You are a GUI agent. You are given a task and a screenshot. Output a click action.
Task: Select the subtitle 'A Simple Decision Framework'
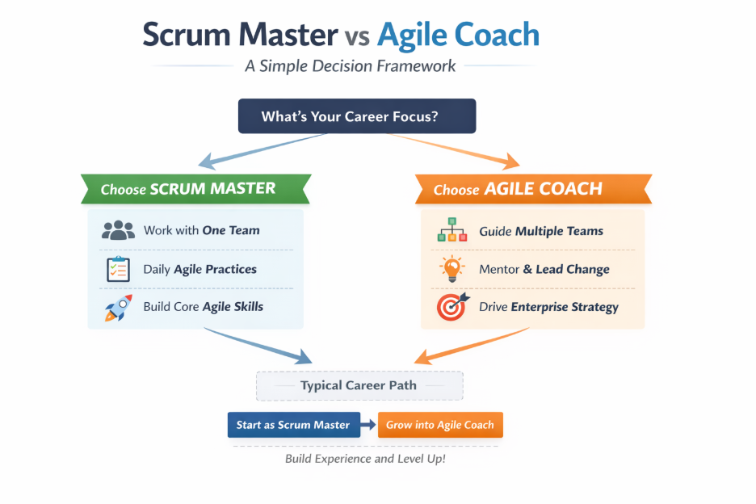pos(351,65)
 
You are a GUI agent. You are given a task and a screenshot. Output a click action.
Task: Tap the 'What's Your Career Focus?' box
pos(357,116)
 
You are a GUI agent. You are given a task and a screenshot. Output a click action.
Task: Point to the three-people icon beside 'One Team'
pos(118,230)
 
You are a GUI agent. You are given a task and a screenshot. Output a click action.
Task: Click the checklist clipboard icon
pos(118,269)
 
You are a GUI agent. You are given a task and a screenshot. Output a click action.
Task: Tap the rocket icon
pos(118,308)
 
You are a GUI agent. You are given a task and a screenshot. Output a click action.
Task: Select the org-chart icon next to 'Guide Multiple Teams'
pos(452,231)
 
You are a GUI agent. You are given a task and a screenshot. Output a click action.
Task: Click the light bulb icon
pos(452,268)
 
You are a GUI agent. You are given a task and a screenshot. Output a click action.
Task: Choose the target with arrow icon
pos(452,307)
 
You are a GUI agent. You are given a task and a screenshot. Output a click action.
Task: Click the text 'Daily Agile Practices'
pos(200,269)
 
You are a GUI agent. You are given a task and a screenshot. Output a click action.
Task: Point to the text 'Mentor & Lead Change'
pos(544,269)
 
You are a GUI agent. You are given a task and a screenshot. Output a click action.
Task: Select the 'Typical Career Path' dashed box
pos(359,385)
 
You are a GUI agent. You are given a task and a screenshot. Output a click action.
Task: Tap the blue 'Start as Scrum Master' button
pos(293,425)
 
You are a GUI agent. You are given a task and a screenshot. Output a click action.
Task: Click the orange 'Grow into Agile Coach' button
pos(440,425)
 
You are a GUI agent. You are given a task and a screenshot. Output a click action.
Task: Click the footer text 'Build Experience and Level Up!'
pos(365,458)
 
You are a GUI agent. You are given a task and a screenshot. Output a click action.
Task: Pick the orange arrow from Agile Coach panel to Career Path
pos(468,346)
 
